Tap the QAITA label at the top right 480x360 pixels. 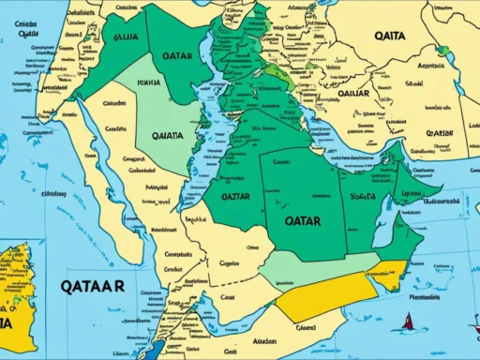click(389, 36)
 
